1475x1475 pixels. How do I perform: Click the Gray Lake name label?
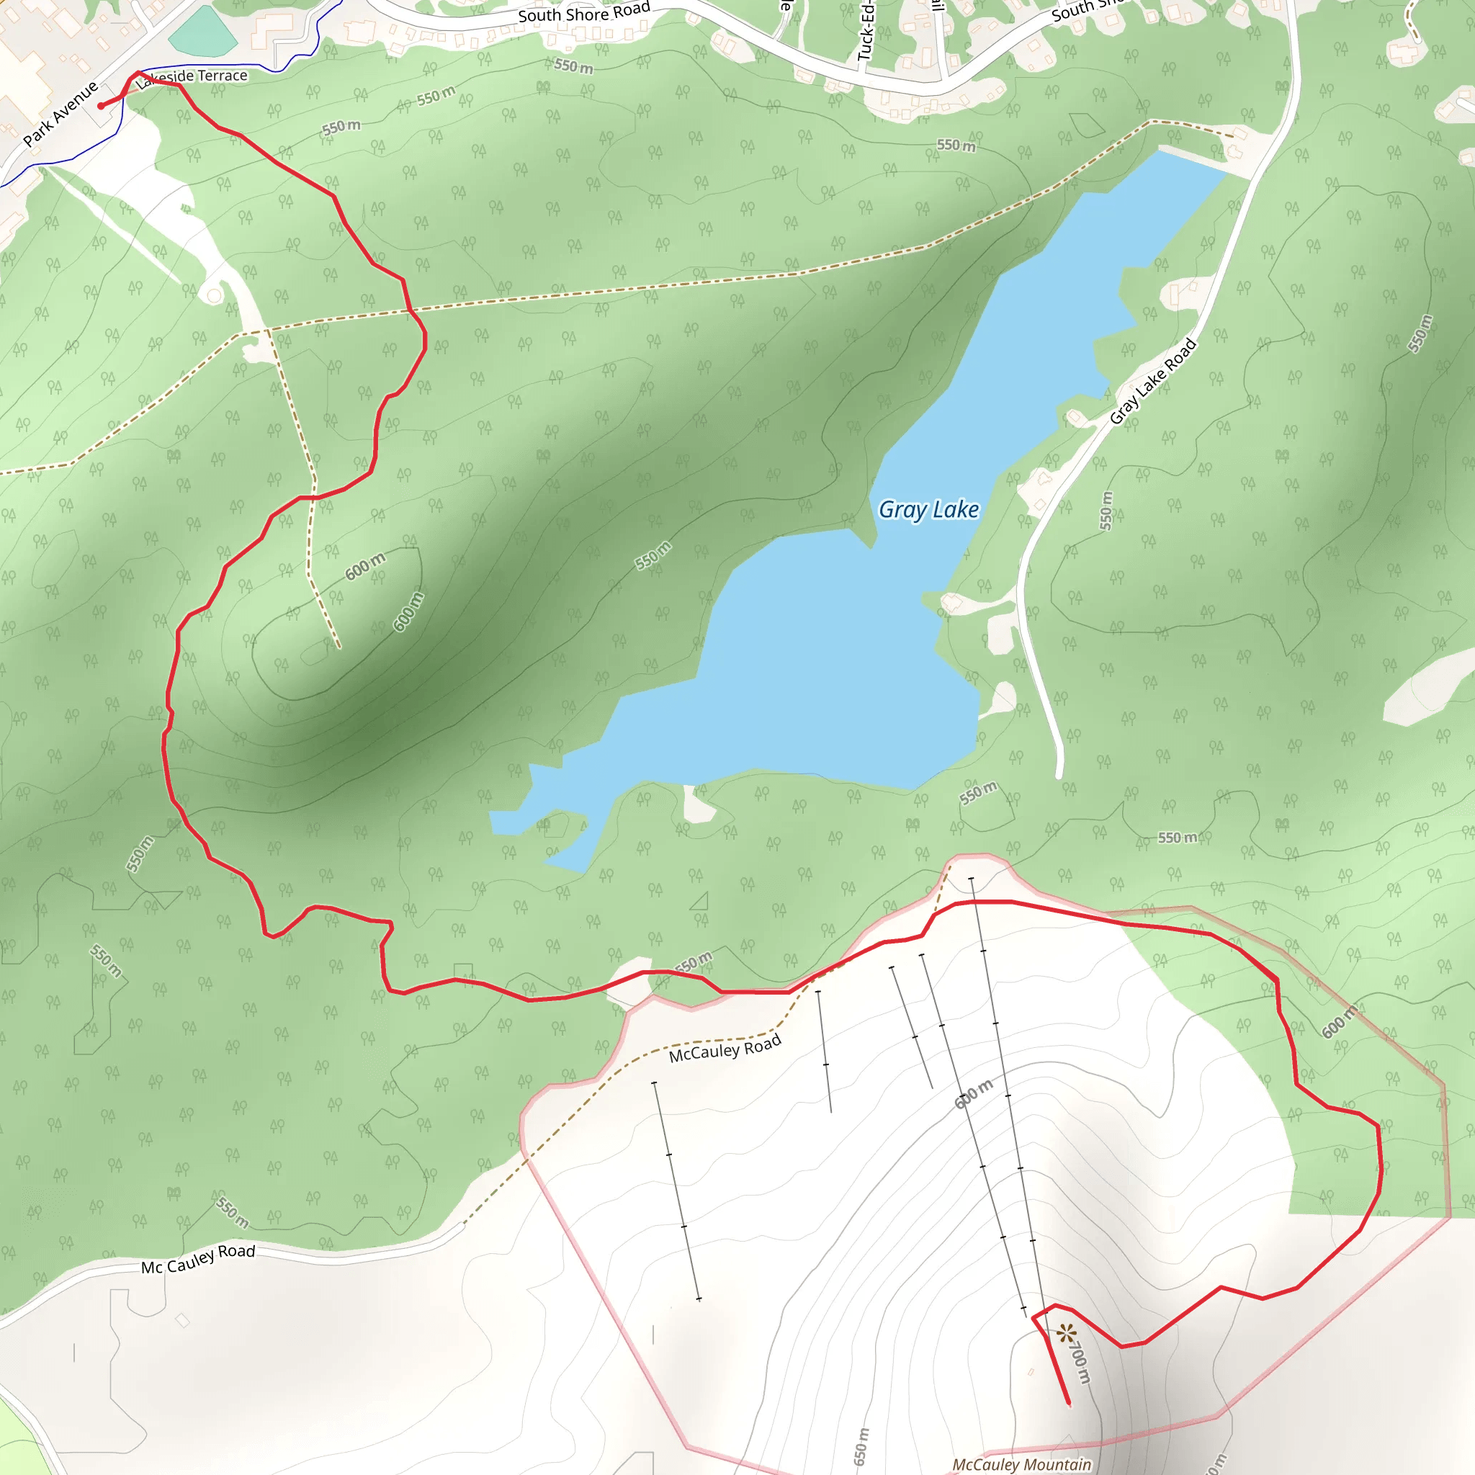tap(928, 509)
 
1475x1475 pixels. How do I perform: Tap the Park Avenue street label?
tap(60, 114)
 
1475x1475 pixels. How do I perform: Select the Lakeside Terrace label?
tap(192, 76)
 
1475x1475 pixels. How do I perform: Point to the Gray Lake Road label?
tap(1152, 381)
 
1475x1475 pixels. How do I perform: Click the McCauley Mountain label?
tap(1021, 1464)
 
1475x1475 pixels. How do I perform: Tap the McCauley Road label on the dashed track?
tap(725, 1049)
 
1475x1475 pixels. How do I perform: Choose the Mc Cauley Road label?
tap(198, 1258)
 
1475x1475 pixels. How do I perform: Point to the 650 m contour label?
tap(861, 1446)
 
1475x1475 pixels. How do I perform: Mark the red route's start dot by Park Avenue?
tap(101, 106)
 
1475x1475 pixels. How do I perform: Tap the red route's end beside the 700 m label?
tap(1068, 1402)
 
